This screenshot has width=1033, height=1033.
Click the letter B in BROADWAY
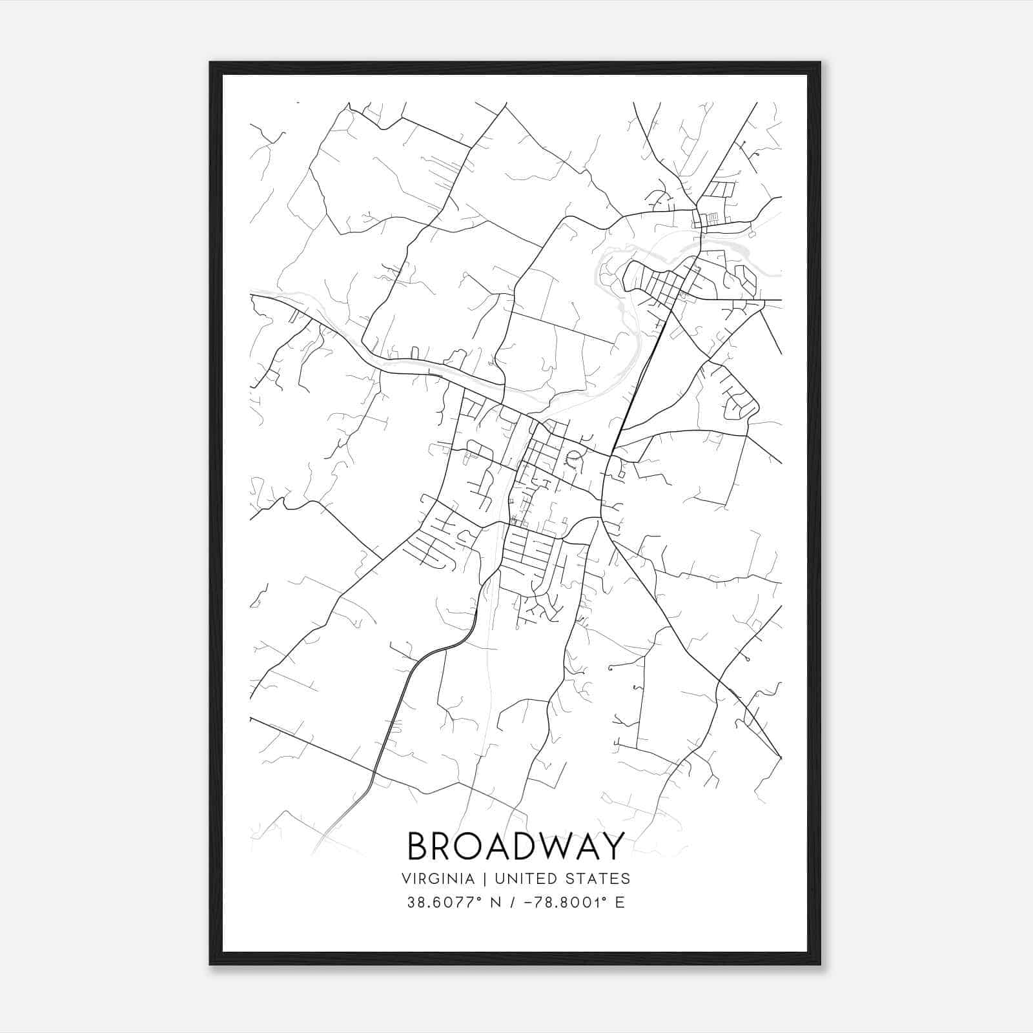(420, 846)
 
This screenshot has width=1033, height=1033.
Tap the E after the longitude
(620, 903)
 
